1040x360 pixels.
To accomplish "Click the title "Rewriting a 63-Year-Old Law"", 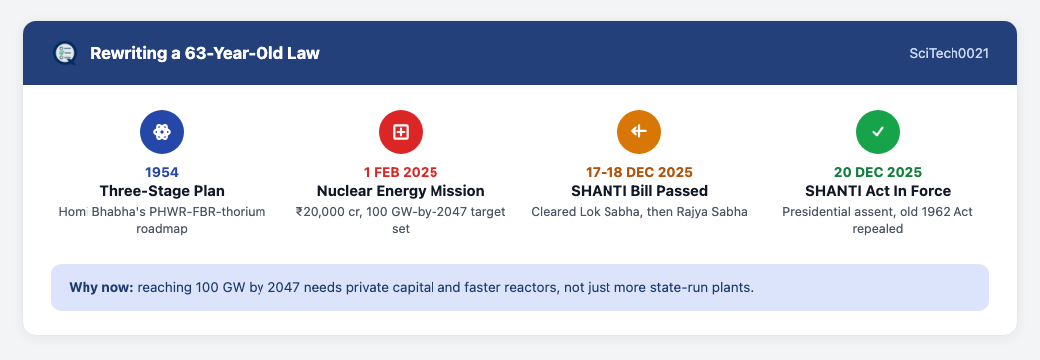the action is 205,53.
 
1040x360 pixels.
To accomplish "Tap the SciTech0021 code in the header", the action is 950,53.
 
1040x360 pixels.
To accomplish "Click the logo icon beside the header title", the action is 65,53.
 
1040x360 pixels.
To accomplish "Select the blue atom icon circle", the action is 162,132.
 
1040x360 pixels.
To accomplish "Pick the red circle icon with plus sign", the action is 401,132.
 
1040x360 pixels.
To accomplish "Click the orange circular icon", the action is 639,132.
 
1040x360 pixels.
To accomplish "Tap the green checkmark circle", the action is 878,132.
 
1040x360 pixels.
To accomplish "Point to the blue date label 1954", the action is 162,172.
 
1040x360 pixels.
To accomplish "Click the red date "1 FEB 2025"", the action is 401,172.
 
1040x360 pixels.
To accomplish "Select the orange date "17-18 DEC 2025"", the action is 639,172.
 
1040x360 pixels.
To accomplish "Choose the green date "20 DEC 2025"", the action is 878,172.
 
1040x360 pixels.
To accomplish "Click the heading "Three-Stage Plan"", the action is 162,191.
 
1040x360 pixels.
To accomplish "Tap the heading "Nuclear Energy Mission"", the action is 401,191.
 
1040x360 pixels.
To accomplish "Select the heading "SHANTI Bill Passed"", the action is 639,191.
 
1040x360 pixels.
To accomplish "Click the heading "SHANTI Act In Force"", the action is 878,191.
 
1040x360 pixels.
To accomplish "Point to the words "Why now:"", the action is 100,288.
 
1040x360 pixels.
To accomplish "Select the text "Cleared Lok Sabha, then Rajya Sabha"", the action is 639,212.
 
